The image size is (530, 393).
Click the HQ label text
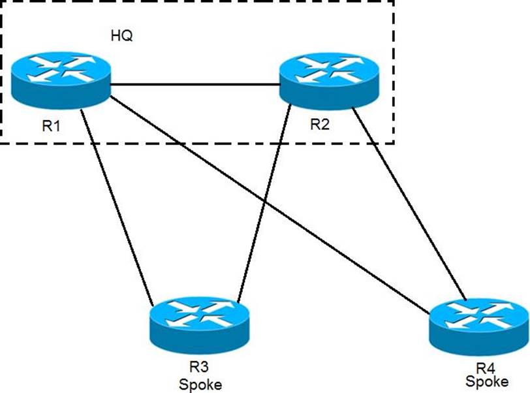[x=121, y=37]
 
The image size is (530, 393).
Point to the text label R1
[x=52, y=125]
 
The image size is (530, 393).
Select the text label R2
[x=319, y=125]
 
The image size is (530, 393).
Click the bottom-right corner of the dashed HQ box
[x=394, y=144]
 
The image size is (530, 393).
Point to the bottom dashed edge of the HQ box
[x=196, y=144]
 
